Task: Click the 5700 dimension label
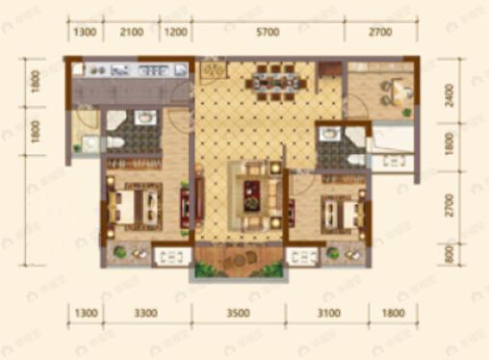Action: coord(269,33)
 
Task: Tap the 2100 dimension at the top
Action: coord(131,33)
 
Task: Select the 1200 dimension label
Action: coord(174,33)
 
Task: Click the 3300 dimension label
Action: coord(145,313)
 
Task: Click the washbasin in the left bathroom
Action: coord(144,118)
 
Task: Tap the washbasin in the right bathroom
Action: coord(328,136)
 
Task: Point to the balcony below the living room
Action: coord(239,258)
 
